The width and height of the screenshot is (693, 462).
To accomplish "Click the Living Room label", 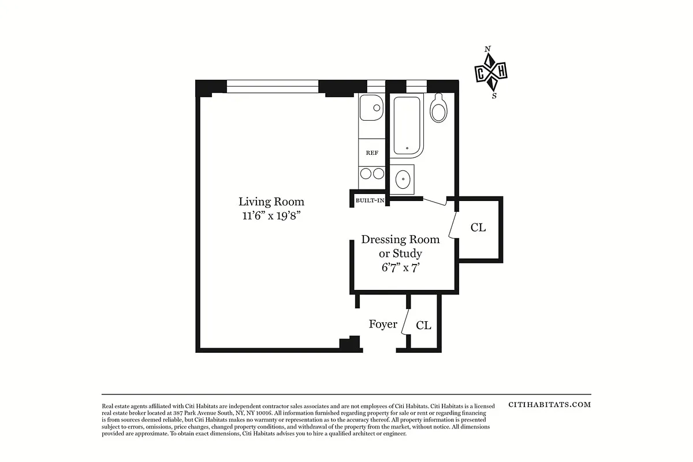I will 271,202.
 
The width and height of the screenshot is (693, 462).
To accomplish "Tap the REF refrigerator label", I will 372,153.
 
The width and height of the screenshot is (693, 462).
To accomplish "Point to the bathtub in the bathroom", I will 407,126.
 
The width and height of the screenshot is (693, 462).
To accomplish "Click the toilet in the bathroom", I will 439,109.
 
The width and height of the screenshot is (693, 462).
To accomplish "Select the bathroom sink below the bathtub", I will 403,179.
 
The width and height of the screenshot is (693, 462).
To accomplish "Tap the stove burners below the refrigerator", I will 371,174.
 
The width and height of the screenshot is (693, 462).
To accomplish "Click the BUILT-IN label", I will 370,200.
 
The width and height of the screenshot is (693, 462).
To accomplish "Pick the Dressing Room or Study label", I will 400,246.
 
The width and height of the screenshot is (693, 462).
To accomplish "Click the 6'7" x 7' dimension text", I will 400,268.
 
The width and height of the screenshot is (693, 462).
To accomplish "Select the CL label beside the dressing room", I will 478,228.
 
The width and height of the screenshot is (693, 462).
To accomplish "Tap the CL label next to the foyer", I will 423,325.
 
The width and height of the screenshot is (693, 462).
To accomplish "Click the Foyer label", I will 383,324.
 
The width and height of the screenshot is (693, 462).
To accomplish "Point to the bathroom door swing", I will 436,200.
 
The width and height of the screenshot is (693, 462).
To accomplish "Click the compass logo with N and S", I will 491,72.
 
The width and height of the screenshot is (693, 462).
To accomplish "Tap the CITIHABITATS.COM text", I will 549,405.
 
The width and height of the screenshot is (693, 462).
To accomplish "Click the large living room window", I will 272,87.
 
